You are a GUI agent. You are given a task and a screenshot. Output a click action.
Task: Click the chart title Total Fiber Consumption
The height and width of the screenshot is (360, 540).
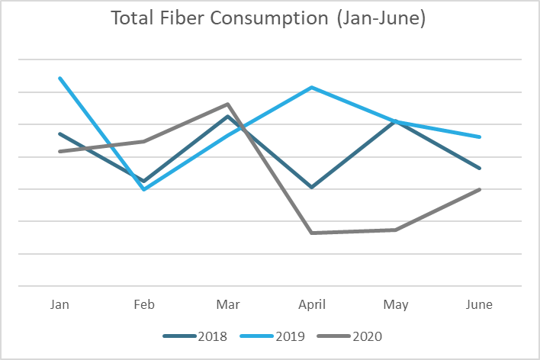click(268, 19)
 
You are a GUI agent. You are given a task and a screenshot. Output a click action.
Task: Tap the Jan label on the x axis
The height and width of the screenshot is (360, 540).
click(59, 304)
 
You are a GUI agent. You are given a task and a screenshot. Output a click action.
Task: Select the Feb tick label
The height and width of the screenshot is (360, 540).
click(144, 304)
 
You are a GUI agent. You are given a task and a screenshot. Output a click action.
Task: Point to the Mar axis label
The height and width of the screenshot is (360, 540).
click(228, 304)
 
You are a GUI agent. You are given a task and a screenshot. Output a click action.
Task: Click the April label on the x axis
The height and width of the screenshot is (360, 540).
click(312, 304)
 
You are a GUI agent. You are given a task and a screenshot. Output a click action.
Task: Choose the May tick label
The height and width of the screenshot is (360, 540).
click(396, 304)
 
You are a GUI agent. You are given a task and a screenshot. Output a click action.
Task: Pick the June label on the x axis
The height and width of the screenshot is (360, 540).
click(480, 304)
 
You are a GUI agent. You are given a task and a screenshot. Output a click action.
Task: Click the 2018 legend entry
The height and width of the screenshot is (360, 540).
click(198, 336)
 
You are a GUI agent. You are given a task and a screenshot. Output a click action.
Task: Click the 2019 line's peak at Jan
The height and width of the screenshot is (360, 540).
click(59, 78)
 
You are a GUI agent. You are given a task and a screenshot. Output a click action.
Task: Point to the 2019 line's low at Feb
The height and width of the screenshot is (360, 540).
click(144, 189)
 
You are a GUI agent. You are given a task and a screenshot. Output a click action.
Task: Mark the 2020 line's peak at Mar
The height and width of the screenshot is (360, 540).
click(228, 104)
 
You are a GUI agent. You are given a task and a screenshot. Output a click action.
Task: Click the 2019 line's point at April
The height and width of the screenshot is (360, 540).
click(312, 88)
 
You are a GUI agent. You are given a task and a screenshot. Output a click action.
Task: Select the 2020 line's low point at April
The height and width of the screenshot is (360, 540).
click(312, 233)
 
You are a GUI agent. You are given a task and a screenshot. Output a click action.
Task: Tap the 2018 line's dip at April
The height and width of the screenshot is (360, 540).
click(312, 187)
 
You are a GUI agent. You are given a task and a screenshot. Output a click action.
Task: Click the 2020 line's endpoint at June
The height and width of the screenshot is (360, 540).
click(480, 189)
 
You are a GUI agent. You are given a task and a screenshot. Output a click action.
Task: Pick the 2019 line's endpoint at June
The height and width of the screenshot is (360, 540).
click(480, 137)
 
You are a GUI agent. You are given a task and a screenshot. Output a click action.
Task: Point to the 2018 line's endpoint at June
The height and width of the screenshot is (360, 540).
click(480, 169)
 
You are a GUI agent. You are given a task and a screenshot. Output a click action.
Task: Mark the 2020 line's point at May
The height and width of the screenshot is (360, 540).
click(396, 230)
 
